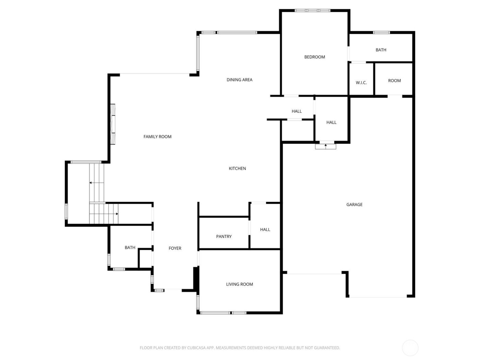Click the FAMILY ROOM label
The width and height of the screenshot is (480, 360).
coord(157,137)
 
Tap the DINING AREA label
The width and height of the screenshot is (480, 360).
coord(239,80)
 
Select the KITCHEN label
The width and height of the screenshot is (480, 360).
coord(237,169)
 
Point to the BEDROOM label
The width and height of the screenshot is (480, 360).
coord(314,57)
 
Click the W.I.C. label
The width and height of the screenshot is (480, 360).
coord(361,83)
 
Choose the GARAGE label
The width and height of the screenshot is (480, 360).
coord(354,205)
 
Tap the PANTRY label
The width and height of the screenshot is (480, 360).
coord(224,237)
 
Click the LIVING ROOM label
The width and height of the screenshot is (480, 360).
coord(239,284)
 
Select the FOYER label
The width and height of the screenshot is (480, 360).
coord(175,248)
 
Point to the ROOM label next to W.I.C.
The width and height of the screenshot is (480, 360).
coord(394,81)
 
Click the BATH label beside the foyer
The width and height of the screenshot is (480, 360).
coord(130,248)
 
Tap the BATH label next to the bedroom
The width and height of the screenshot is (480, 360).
coord(381,50)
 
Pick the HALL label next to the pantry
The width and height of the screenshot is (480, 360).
coord(265,230)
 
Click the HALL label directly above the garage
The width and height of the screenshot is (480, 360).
coord(331,122)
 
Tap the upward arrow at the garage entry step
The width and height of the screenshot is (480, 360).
coord(325,146)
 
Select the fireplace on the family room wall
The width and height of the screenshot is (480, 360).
coord(112,124)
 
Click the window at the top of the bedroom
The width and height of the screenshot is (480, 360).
coord(312,11)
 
